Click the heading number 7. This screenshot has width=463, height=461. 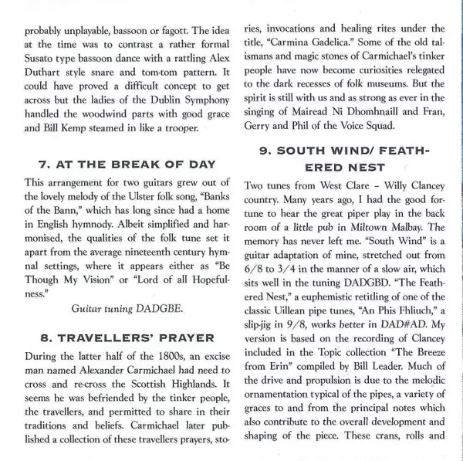(x=44, y=164)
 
